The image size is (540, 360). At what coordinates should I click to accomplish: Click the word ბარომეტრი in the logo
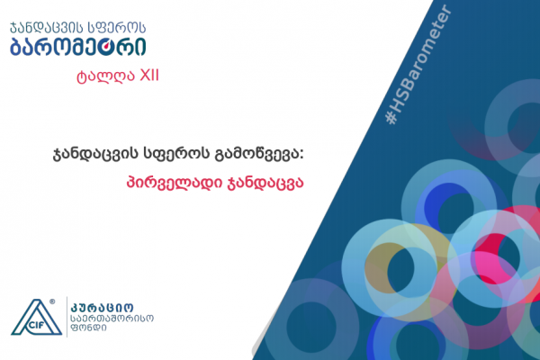(77, 47)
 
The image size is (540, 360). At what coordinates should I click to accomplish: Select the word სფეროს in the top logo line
(117, 27)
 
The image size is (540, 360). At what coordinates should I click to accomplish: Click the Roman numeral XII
(148, 76)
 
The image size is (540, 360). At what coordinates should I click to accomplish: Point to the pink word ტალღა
(105, 76)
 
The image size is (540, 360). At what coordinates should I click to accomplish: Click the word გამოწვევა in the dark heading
(258, 154)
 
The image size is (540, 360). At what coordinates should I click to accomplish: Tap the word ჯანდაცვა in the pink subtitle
(265, 182)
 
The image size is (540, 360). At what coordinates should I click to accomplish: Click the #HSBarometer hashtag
(418, 65)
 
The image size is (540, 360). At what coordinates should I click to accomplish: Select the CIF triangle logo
(37, 317)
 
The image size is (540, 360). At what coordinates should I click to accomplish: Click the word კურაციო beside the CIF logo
(102, 307)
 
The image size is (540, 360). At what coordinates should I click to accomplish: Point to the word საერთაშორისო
(112, 319)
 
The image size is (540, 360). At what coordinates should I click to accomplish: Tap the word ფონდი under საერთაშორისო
(88, 328)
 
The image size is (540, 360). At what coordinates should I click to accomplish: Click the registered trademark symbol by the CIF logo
(52, 301)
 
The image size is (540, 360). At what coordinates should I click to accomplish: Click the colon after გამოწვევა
(301, 156)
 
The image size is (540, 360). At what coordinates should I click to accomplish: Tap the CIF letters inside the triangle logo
(36, 325)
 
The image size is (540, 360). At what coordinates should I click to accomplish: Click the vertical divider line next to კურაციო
(67, 317)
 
